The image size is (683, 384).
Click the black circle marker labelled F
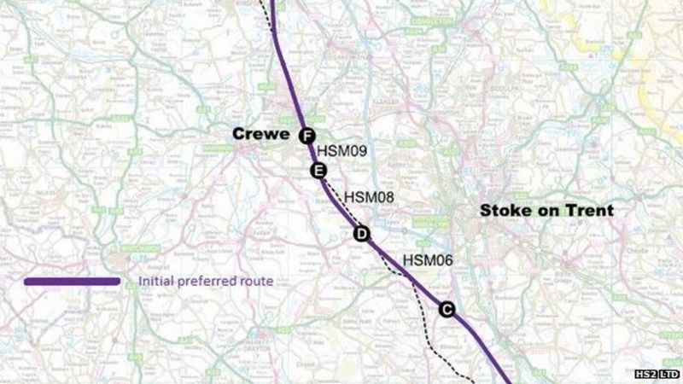(307, 135)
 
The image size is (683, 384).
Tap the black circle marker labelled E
(318, 172)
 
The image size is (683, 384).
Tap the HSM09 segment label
(341, 151)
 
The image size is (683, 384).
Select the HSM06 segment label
(426, 261)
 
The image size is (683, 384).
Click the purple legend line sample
(73, 281)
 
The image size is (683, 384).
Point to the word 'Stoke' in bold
(506, 210)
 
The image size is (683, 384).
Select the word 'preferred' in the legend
(206, 281)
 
